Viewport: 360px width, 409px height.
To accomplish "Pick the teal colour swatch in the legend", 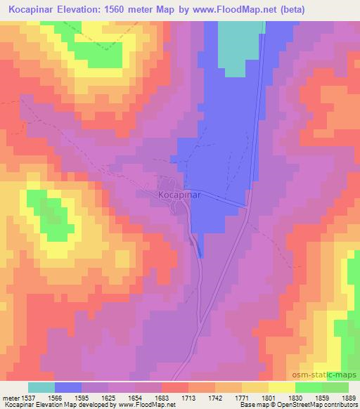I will (41, 387).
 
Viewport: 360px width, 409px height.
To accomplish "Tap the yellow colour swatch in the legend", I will (281, 387).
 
